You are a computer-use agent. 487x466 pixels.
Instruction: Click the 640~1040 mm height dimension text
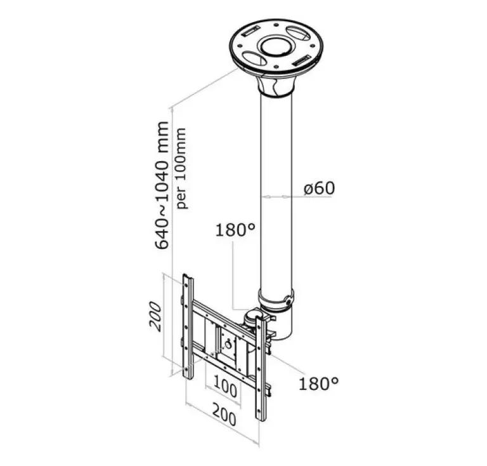(x=162, y=185)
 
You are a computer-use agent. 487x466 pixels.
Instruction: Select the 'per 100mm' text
(x=181, y=168)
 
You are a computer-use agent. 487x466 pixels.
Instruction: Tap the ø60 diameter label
(x=319, y=188)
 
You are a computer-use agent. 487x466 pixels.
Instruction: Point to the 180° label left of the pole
(x=235, y=230)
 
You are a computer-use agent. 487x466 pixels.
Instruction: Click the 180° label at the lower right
(x=318, y=383)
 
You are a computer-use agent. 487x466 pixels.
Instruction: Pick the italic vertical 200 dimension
(x=155, y=316)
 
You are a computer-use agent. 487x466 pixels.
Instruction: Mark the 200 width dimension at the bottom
(x=224, y=415)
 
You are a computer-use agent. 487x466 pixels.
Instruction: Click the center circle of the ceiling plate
(x=276, y=47)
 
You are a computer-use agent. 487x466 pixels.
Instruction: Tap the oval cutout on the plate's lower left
(x=254, y=58)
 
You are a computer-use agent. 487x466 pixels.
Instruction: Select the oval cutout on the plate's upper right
(x=298, y=32)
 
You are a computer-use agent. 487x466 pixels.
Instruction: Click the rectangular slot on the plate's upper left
(x=250, y=31)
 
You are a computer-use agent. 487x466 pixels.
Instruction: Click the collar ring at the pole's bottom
(x=276, y=300)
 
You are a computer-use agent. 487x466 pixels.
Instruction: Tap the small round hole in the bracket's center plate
(x=228, y=344)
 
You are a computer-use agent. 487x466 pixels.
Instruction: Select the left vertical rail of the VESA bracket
(x=188, y=326)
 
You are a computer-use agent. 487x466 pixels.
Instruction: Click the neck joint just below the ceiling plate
(x=275, y=87)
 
